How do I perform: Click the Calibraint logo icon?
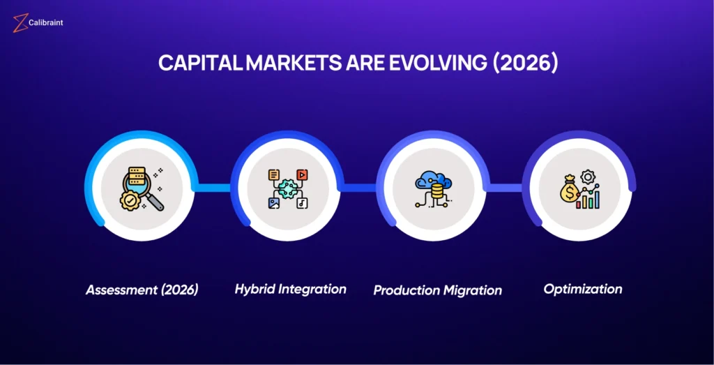pyautogui.click(x=20, y=23)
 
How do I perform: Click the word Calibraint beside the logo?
pyautogui.click(x=45, y=22)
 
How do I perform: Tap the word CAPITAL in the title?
pyautogui.click(x=200, y=64)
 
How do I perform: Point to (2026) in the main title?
pyautogui.click(x=524, y=64)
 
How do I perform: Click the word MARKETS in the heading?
pyautogui.click(x=291, y=64)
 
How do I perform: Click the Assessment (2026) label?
pyautogui.click(x=142, y=290)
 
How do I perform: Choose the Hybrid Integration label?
pyautogui.click(x=291, y=289)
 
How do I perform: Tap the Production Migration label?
pyautogui.click(x=438, y=290)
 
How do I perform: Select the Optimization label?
pyautogui.click(x=583, y=289)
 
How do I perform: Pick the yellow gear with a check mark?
pyautogui.click(x=130, y=200)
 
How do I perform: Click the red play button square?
pyautogui.click(x=302, y=174)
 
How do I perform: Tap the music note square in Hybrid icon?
pyautogui.click(x=302, y=203)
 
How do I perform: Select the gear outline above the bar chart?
pyautogui.click(x=588, y=177)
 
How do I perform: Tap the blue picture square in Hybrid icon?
pyautogui.click(x=273, y=203)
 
